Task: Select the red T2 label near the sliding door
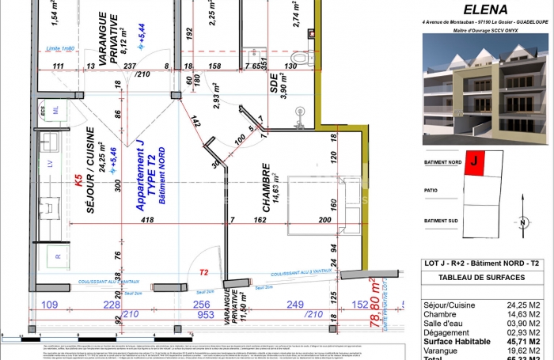click(x=203, y=272)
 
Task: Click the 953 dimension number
click(x=206, y=314)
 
